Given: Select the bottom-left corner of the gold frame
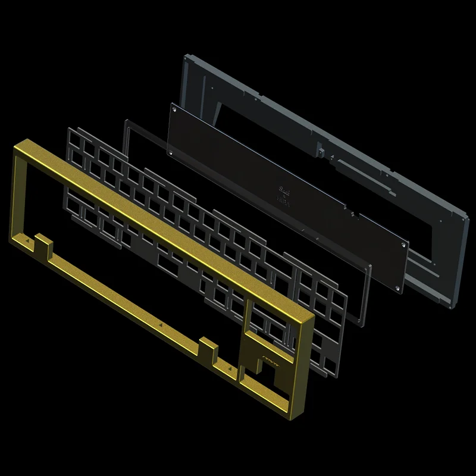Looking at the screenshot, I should click(x=8, y=238).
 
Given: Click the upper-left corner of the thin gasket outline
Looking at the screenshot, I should click(x=126, y=121).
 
